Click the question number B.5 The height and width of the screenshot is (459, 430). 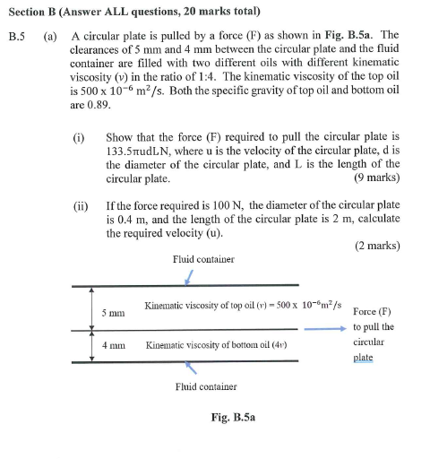pyautogui.click(x=16, y=39)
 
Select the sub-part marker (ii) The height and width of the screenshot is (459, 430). pyautogui.click(x=82, y=204)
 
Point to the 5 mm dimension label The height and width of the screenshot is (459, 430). pyautogui.click(x=113, y=314)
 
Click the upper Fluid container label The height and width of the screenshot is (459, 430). pyautogui.click(x=203, y=259)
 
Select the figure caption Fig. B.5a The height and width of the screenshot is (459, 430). pyautogui.click(x=232, y=417)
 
